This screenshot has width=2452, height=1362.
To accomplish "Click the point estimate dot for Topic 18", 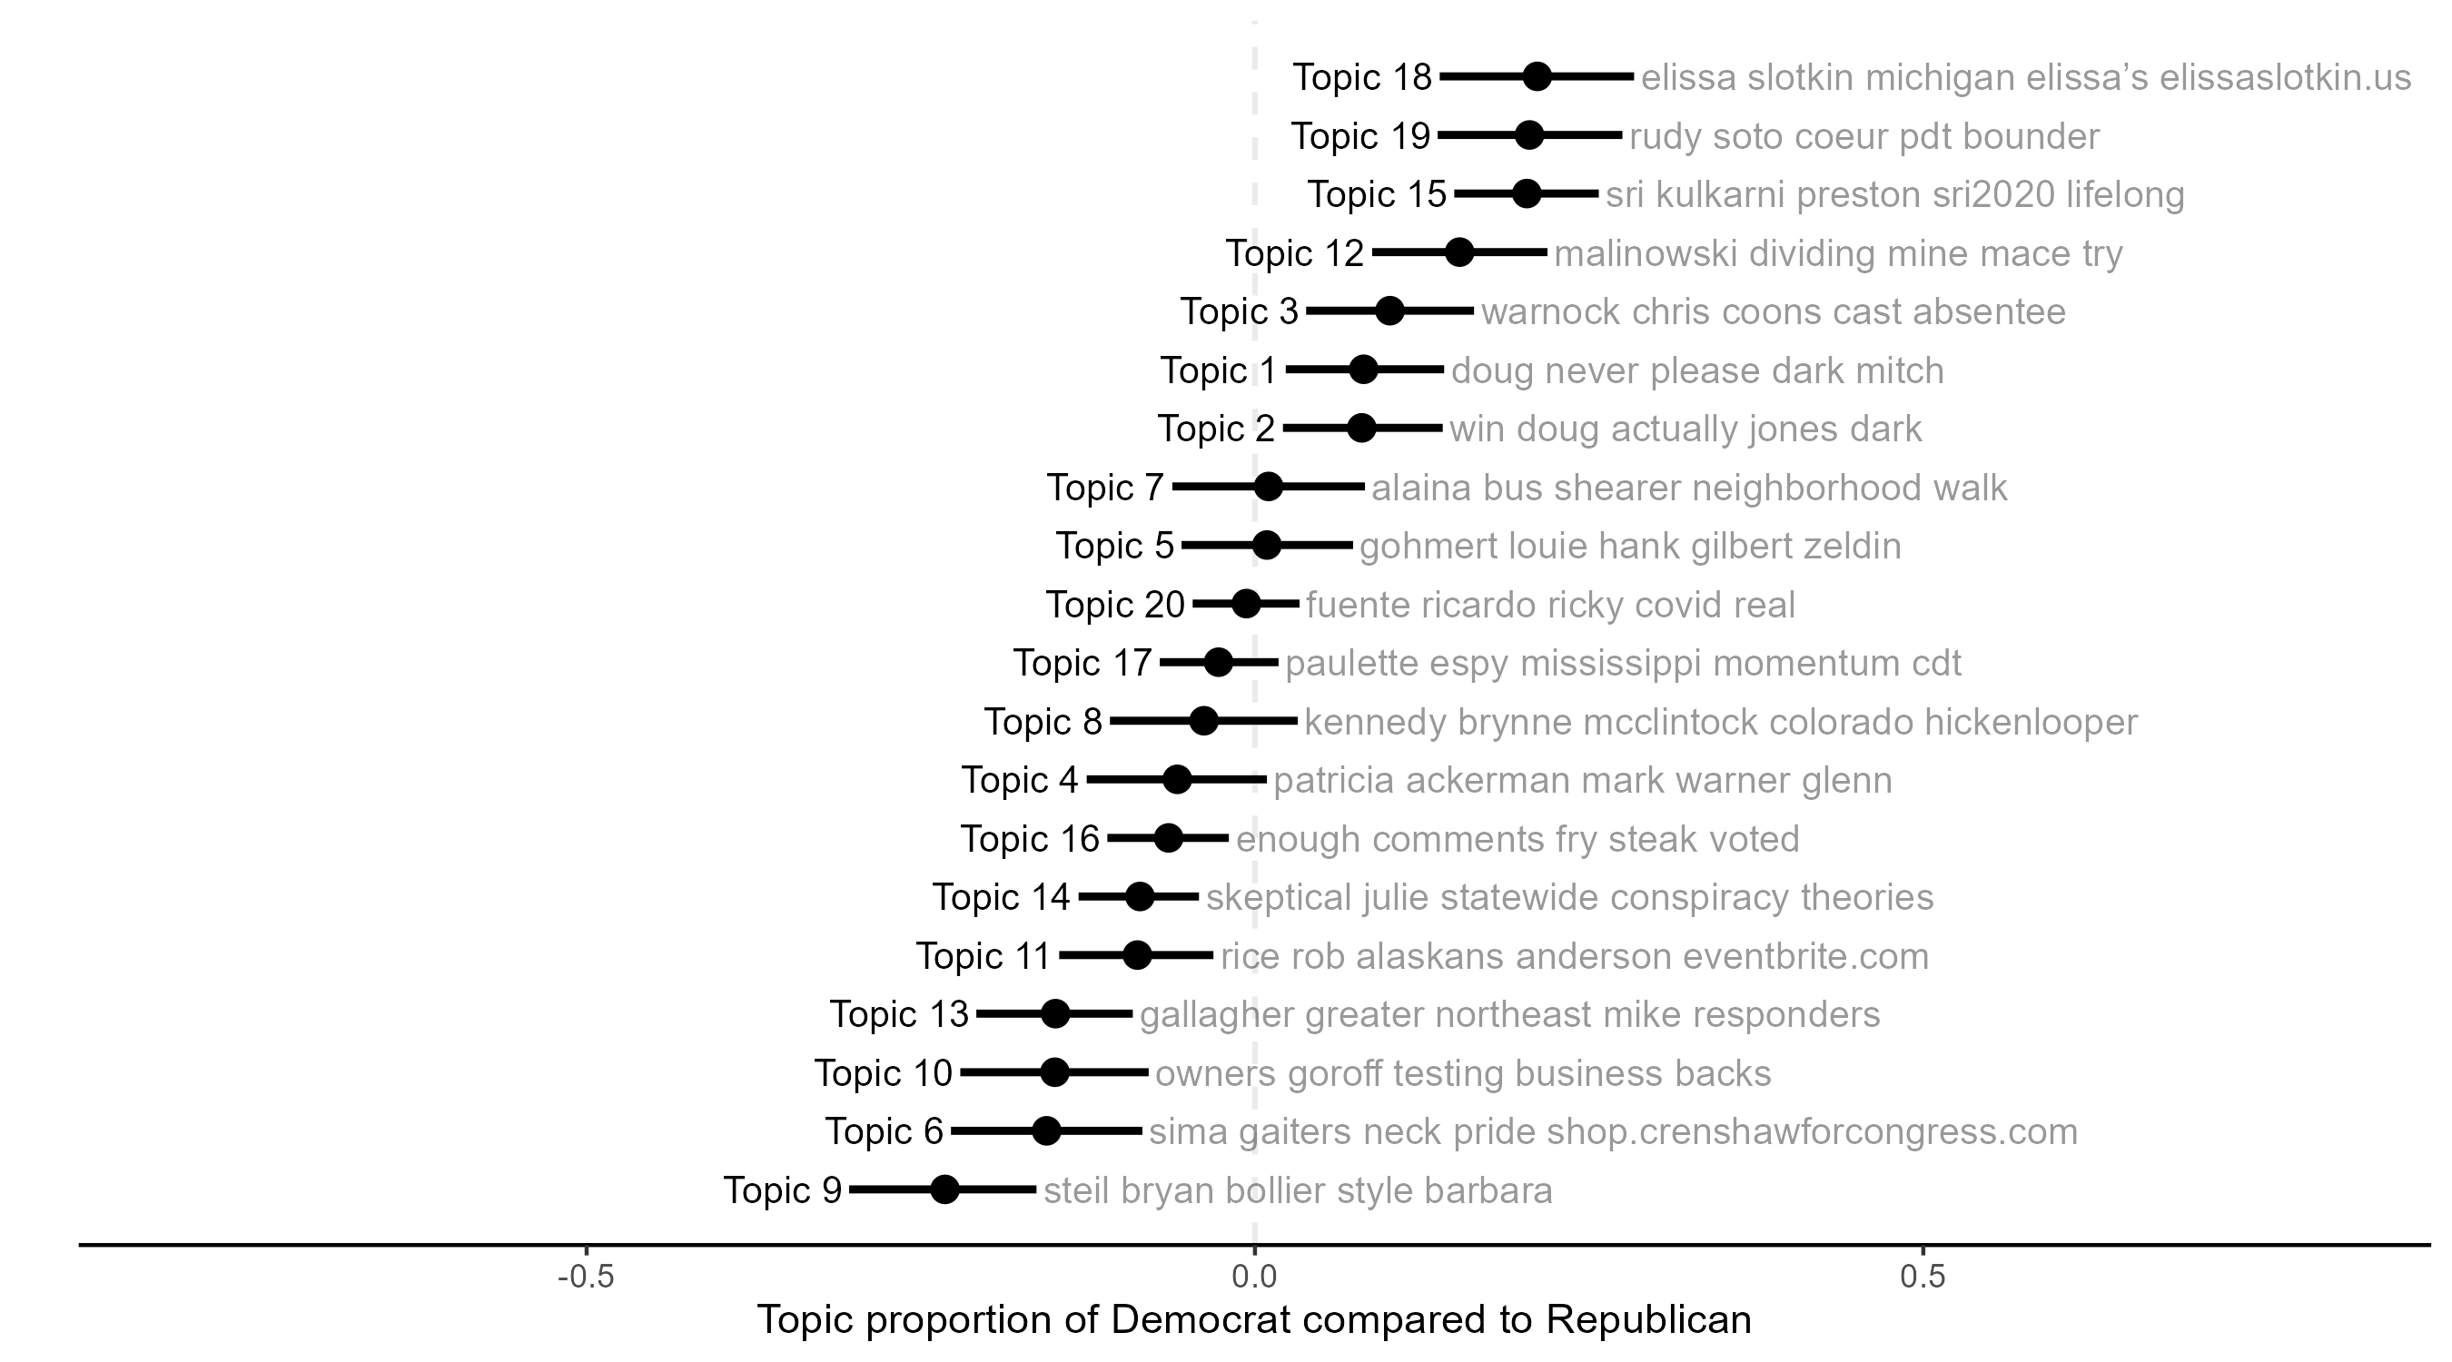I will pyautogui.click(x=1537, y=77).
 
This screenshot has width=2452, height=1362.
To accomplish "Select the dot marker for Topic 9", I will pyautogui.click(x=944, y=1189).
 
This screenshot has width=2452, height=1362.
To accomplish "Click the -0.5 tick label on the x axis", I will pyautogui.click(x=586, y=1277).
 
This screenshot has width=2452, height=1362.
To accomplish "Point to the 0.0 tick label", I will pyautogui.click(x=1253, y=1277).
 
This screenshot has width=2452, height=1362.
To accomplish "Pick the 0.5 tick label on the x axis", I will pyautogui.click(x=1923, y=1277).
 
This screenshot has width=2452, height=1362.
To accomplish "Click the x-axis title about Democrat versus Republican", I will pyautogui.click(x=1253, y=1320).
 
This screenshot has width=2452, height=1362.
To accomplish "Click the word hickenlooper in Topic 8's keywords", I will pyautogui.click(x=2031, y=722).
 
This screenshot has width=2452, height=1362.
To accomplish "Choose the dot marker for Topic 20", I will pyautogui.click(x=1246, y=604).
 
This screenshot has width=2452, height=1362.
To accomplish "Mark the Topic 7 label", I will pyautogui.click(x=1105, y=488).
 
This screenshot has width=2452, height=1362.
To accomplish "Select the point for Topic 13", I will pyautogui.click(x=1054, y=1013).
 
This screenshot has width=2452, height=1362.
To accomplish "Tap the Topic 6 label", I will pyautogui.click(x=884, y=1131).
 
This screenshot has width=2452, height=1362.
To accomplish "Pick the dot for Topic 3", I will pyautogui.click(x=1389, y=311).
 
